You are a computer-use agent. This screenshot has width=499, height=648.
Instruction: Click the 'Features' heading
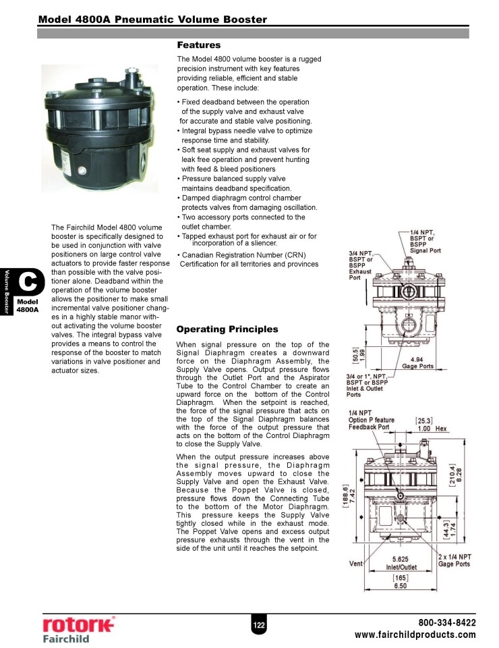point(198,45)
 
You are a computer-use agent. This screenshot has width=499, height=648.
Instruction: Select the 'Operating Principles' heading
point(227,329)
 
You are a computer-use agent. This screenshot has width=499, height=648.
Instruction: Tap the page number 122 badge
point(258,626)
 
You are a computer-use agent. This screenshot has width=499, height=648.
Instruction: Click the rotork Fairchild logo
point(78,628)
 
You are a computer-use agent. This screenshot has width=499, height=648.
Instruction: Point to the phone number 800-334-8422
point(447,622)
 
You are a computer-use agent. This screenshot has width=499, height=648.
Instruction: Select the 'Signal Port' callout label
point(425,250)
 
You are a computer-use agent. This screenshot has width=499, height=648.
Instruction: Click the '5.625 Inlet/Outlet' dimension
point(400,564)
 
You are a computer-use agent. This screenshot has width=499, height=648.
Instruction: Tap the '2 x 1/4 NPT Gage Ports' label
point(454,560)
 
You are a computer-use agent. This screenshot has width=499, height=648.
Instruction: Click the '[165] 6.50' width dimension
point(400,583)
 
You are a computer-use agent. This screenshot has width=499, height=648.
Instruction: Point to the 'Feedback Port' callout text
point(369,427)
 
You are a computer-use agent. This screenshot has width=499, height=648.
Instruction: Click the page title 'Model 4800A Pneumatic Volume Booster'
point(152,19)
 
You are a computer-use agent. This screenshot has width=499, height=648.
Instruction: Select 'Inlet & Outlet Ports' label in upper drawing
point(368,387)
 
